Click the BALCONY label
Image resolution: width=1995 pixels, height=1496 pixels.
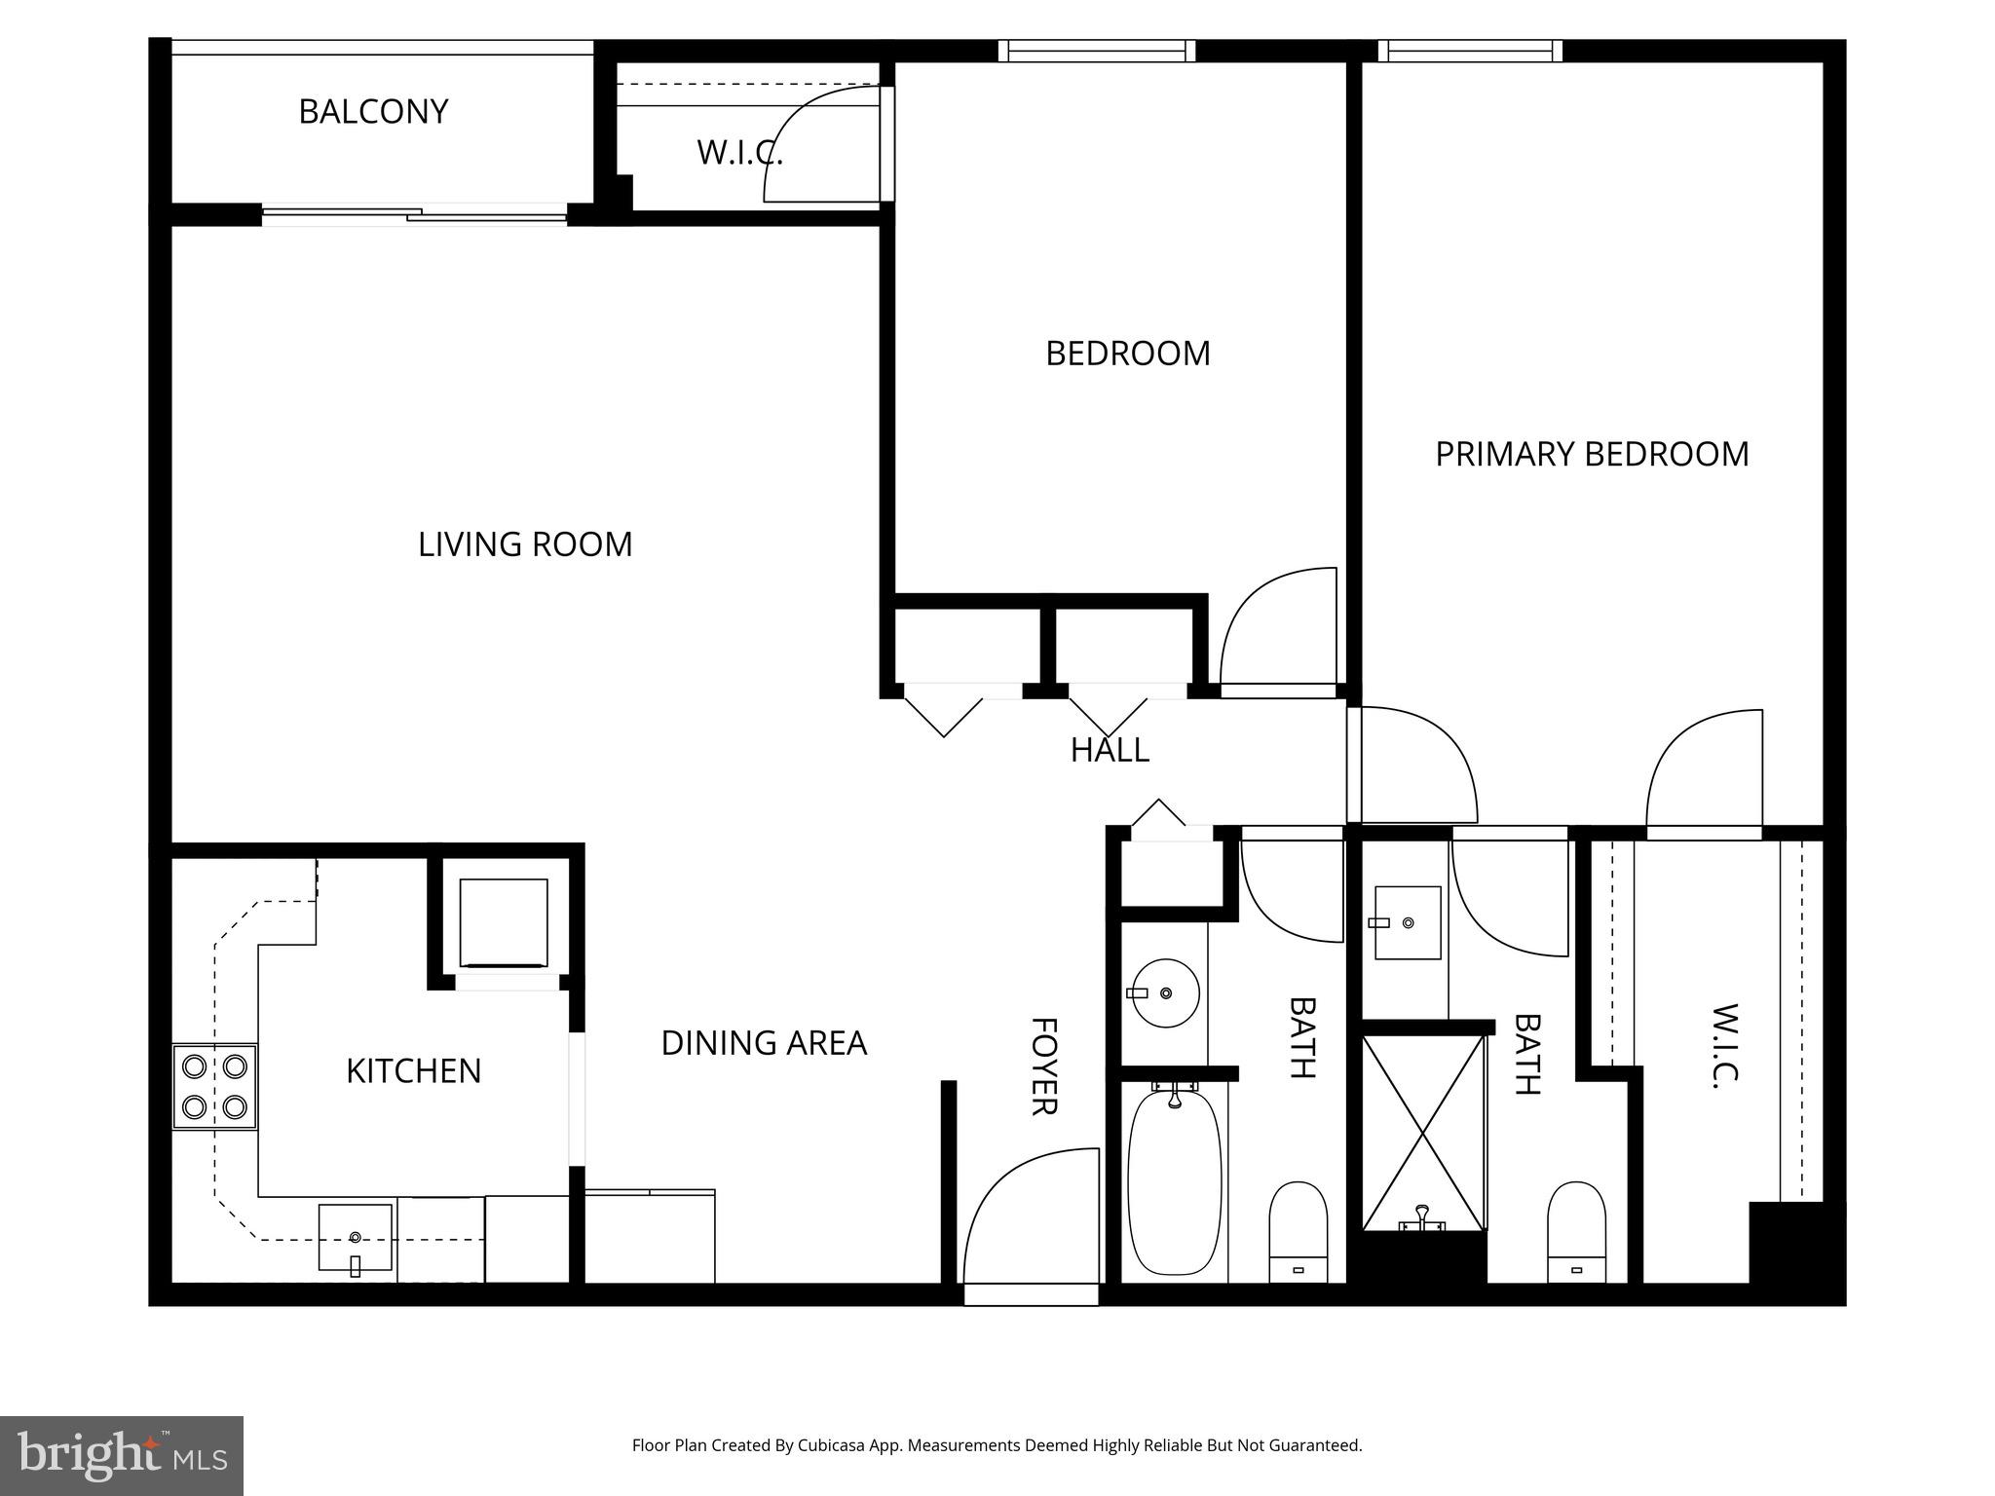pos(373,112)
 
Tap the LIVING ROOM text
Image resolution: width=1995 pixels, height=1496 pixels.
pos(525,544)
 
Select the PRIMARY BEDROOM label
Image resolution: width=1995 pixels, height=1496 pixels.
pos(1592,455)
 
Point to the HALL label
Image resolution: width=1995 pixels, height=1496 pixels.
pos(1110,750)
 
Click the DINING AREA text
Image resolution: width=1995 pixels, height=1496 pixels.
pos(764,1043)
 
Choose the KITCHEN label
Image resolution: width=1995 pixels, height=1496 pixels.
pos(413,1071)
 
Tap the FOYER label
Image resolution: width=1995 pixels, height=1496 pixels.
pos(1043,1066)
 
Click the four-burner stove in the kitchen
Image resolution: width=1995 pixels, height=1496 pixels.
pos(215,1087)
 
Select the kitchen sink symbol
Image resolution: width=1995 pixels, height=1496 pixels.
pos(355,1237)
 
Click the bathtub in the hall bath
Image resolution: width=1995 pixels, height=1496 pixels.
pos(1174,1182)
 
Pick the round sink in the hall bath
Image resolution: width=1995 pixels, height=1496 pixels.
pos(1165,993)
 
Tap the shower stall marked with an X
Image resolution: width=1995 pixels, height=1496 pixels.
pos(1423,1133)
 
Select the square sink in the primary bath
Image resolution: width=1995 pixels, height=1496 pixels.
pos(1407,922)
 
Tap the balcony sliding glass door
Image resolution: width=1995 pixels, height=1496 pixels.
pos(415,214)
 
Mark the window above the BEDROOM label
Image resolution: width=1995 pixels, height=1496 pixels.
pos(1097,51)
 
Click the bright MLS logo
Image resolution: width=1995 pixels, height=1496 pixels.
pos(122,1455)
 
